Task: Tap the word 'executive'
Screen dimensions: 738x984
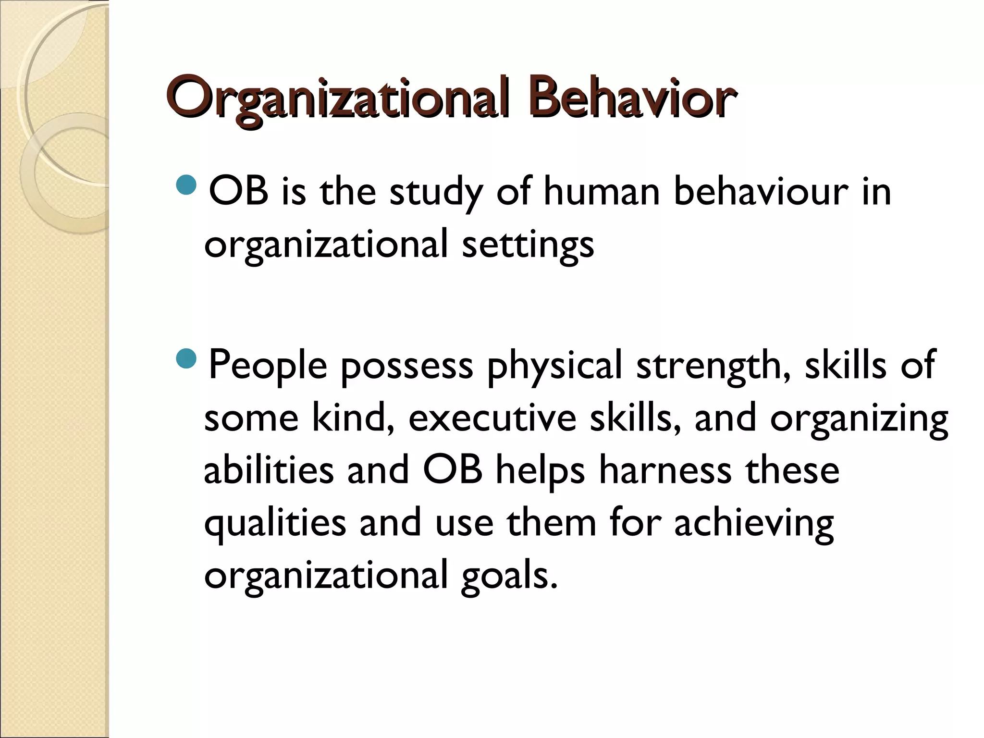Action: (x=492, y=418)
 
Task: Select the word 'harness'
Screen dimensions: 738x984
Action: (x=664, y=471)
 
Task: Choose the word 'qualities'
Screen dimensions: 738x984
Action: (x=275, y=524)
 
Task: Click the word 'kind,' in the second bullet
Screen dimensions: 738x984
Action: (x=353, y=418)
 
